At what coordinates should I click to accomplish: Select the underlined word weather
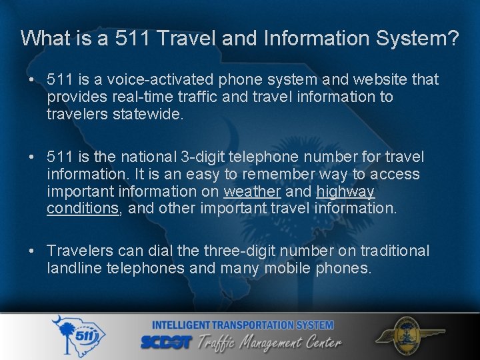pyautogui.click(x=252, y=192)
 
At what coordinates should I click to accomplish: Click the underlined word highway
pyautogui.click(x=345, y=192)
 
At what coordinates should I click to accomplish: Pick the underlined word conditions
pyautogui.click(x=83, y=209)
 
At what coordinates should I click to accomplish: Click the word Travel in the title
pyautogui.click(x=189, y=38)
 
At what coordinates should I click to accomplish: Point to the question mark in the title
pyautogui.click(x=453, y=38)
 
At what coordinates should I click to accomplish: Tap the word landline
pyautogui.click(x=73, y=268)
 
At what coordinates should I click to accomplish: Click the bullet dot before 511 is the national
pyautogui.click(x=31, y=158)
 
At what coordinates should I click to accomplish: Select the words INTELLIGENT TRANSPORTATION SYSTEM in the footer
pyautogui.click(x=243, y=325)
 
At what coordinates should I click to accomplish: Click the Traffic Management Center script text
pyautogui.click(x=273, y=343)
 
